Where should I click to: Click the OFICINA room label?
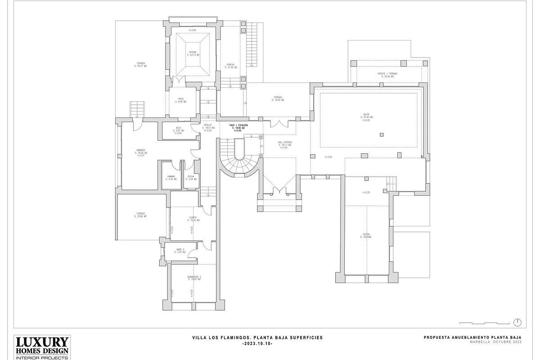pos(192,53)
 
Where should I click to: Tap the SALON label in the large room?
pos(366,115)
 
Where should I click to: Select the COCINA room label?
pos(366,234)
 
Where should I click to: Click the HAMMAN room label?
pos(171,176)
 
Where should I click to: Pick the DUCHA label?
pos(191,176)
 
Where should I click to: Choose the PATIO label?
pos(181,99)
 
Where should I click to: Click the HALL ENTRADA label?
pos(285,142)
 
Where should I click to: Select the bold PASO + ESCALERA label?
pos(238,125)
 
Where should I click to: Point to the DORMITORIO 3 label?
pos(194,277)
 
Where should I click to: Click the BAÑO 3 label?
pos(180,249)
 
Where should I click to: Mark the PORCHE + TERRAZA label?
pos(387,74)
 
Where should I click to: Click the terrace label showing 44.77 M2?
pos(140,63)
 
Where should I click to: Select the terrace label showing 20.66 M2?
pos(140,214)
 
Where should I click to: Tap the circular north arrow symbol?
pos(517,322)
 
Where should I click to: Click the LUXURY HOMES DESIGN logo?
pos(42,346)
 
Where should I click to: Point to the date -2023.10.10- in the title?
pos(257,343)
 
